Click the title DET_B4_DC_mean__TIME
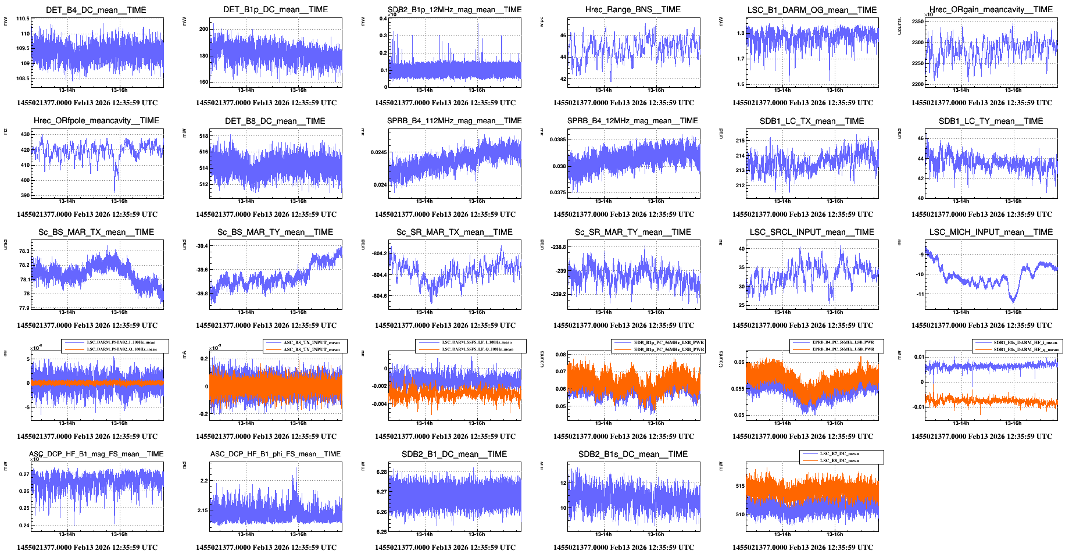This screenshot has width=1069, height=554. (96, 10)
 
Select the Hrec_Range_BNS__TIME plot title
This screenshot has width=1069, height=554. (632, 9)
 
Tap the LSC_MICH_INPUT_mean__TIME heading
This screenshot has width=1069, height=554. (991, 232)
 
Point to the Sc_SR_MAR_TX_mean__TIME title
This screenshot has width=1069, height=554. (454, 232)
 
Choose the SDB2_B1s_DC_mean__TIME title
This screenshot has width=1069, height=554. (632, 454)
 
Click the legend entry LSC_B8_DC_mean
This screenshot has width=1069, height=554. (839, 460)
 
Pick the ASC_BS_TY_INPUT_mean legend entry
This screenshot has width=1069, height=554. (311, 349)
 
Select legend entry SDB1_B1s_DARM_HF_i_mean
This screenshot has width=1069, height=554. (1025, 342)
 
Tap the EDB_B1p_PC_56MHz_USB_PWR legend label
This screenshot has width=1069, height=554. (668, 349)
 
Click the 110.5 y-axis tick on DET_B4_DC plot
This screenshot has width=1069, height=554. (23, 19)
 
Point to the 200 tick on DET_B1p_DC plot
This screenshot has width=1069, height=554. (203, 29)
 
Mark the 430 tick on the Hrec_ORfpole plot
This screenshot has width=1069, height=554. (25, 134)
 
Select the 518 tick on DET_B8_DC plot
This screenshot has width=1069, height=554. (203, 136)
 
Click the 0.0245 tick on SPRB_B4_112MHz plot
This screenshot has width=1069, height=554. (378, 152)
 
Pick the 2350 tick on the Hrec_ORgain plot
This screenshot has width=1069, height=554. (917, 22)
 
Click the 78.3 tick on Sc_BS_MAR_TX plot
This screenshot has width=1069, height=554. (24, 251)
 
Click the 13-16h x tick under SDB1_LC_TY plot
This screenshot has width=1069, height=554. (1013, 201)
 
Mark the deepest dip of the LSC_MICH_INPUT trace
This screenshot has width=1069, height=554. (1013, 301)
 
